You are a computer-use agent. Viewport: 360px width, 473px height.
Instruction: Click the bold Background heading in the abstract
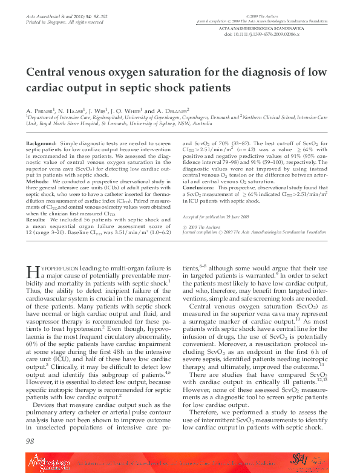coord(42,143)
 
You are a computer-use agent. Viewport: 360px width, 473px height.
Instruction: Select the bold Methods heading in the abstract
coord(38,181)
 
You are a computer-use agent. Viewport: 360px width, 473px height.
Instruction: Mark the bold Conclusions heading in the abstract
coord(201,188)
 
